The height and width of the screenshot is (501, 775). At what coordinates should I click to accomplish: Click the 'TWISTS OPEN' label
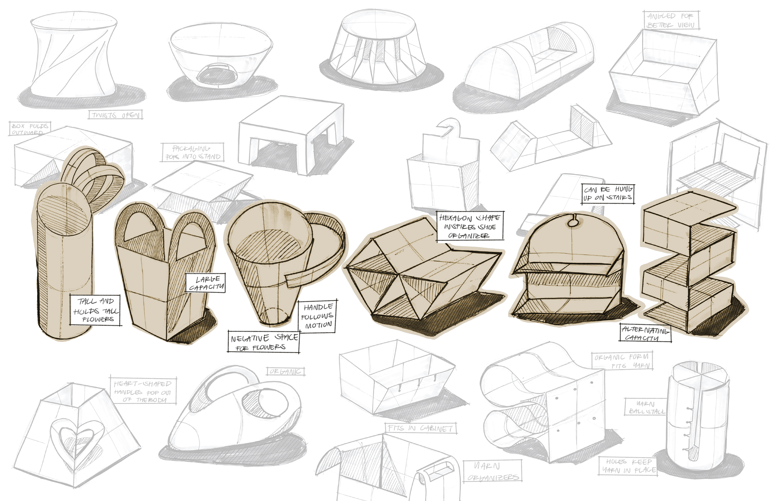point(116,115)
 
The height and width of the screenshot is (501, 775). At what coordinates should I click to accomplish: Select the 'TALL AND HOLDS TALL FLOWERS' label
point(95,310)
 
